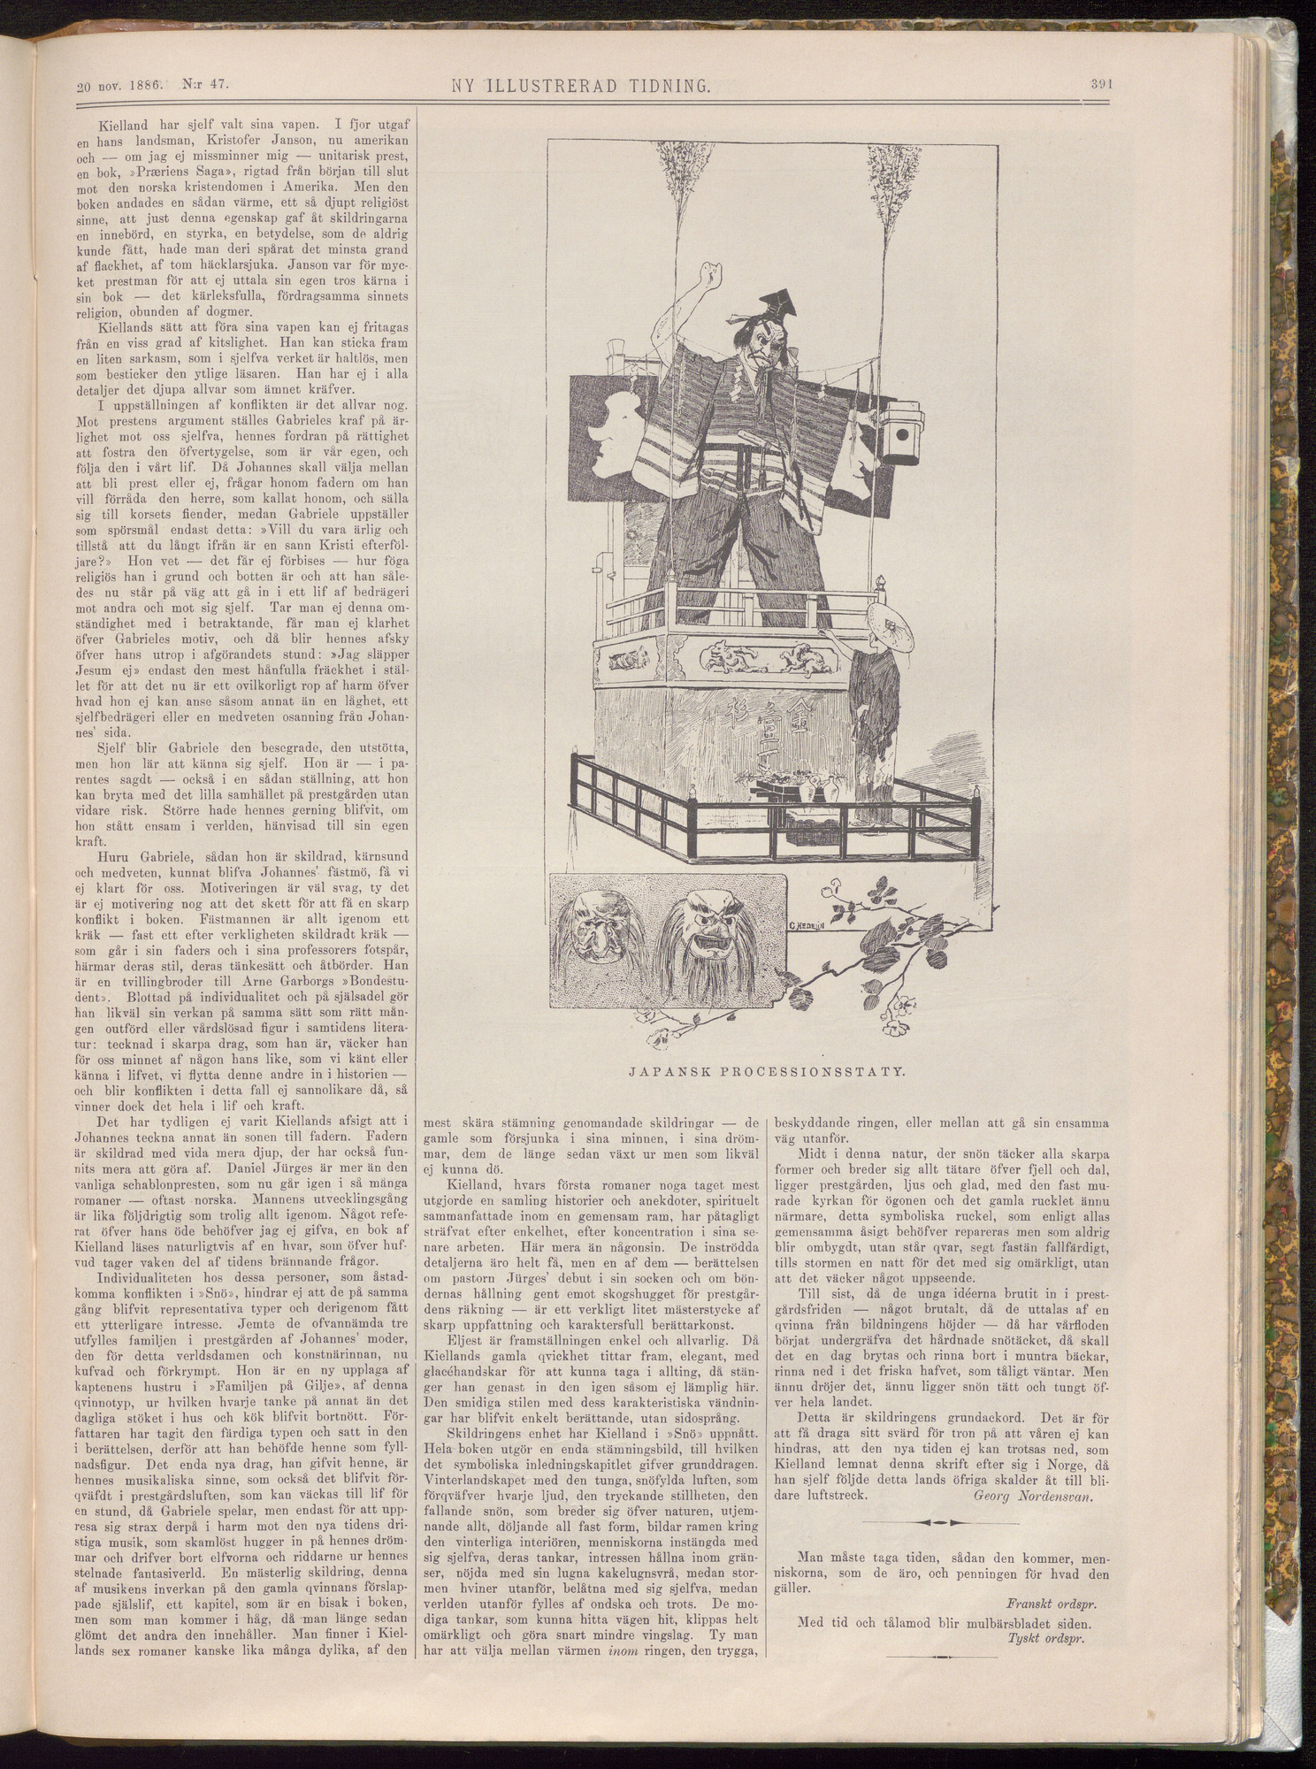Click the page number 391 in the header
1099,86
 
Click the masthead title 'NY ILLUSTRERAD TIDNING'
581,87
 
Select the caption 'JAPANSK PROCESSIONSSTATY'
767,1071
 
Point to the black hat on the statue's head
782,306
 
